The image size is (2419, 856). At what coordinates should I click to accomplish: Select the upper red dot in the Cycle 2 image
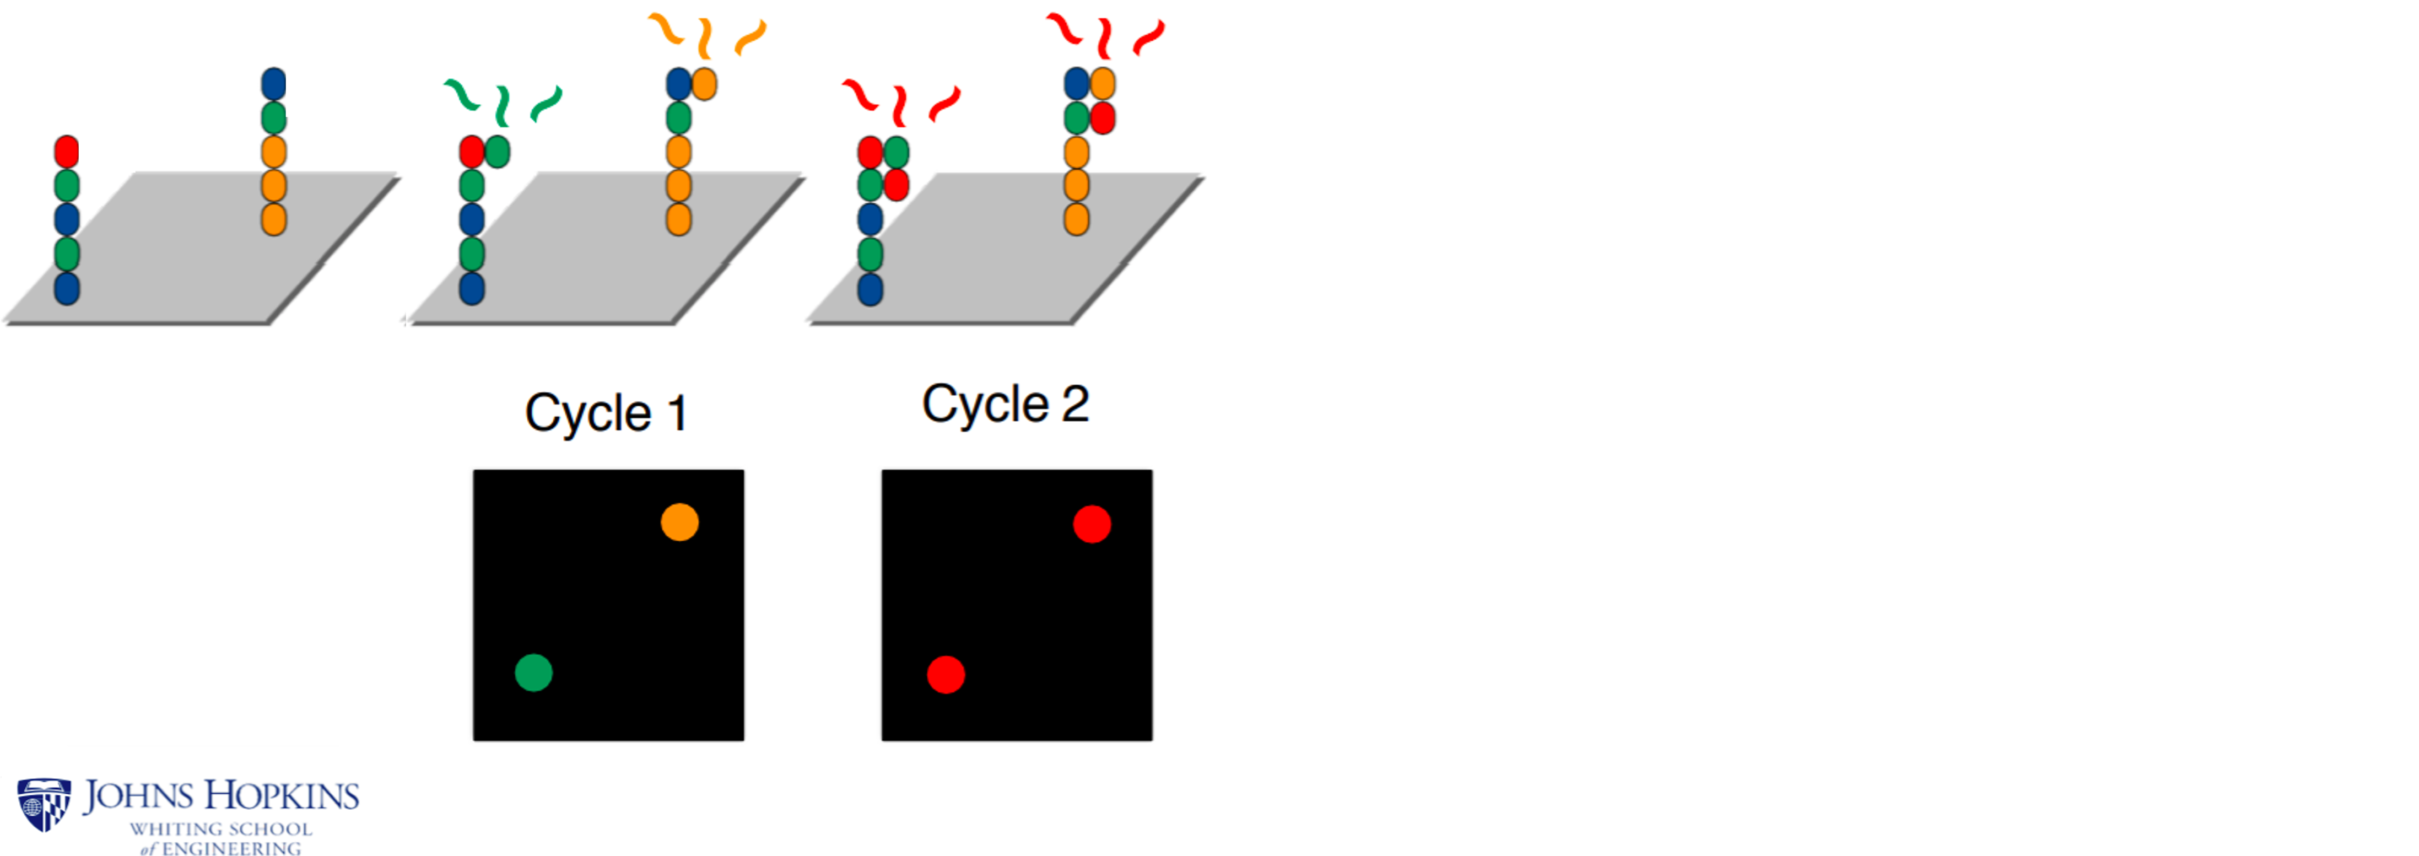tap(1091, 524)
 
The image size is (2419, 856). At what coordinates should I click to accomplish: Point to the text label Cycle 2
tap(1005, 404)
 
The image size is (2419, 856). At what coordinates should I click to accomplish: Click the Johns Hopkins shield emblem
tap(43, 804)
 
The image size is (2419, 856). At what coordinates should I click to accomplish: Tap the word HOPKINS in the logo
tap(282, 797)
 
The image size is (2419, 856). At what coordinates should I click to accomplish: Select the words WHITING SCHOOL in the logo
tap(220, 829)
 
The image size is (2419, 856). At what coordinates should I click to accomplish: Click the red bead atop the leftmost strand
tap(66, 151)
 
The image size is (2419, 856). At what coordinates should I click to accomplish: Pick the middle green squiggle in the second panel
tap(503, 105)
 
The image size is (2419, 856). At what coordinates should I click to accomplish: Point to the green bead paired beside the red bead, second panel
tap(498, 151)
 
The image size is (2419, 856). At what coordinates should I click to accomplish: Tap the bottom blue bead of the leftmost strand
tap(66, 288)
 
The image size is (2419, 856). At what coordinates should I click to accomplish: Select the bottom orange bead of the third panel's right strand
tap(1076, 219)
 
